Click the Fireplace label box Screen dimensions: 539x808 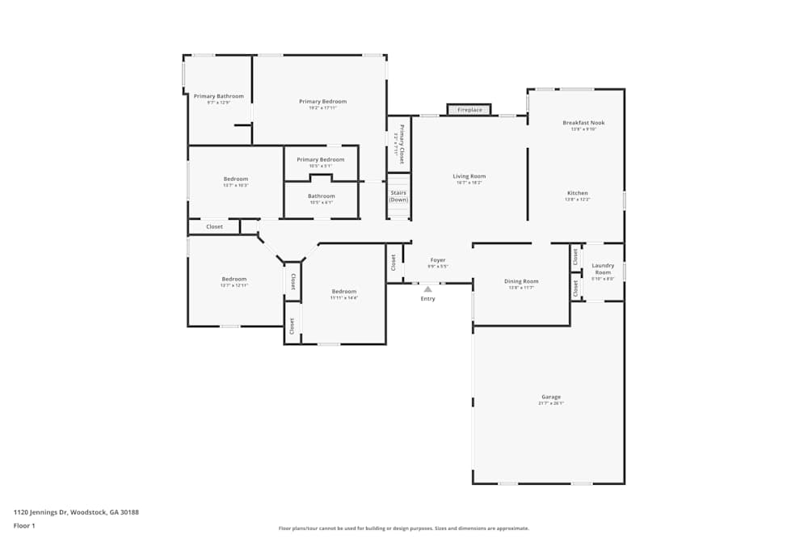(469, 110)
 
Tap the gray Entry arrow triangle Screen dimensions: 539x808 (427, 289)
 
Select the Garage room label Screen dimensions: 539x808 (551, 397)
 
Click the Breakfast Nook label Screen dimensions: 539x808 (583, 123)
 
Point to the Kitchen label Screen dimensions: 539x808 (578, 193)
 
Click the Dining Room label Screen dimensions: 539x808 (521, 281)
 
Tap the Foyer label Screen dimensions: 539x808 (437, 260)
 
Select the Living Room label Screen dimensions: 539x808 (469, 176)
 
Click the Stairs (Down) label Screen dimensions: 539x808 (399, 196)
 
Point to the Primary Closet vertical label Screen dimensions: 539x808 (401, 144)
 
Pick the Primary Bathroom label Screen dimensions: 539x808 (218, 96)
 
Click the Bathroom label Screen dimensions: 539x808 (321, 196)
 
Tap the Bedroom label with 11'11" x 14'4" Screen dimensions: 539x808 (343, 291)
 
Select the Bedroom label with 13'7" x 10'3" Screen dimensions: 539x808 (236, 179)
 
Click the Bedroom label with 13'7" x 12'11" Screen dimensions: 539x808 (234, 279)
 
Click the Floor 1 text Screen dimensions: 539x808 (24, 525)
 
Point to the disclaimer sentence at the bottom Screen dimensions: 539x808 (403, 528)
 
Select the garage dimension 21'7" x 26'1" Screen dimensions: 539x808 (551, 403)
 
